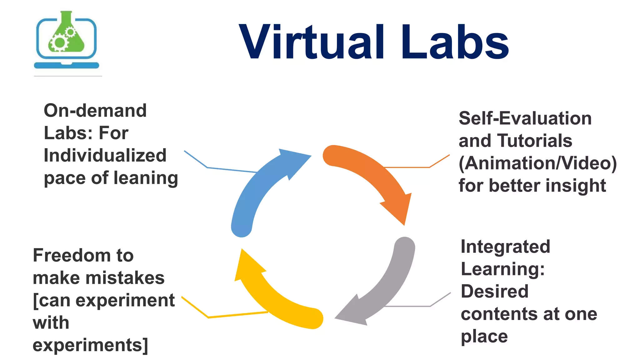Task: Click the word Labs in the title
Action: (455, 42)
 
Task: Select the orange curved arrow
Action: (375, 175)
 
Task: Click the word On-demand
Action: (95, 111)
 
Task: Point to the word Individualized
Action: (105, 156)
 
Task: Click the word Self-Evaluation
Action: (525, 119)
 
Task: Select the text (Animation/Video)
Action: (537, 163)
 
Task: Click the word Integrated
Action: (505, 247)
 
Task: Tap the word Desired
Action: (495, 292)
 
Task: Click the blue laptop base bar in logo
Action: (67, 65)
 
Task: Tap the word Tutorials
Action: (534, 141)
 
